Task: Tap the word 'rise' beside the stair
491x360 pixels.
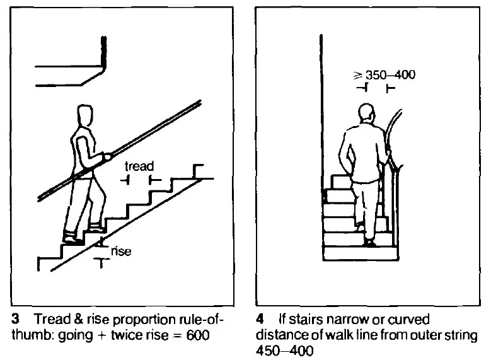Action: tap(121, 252)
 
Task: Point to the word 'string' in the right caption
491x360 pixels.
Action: tap(464, 334)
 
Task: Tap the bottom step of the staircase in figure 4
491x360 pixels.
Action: tap(361, 253)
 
